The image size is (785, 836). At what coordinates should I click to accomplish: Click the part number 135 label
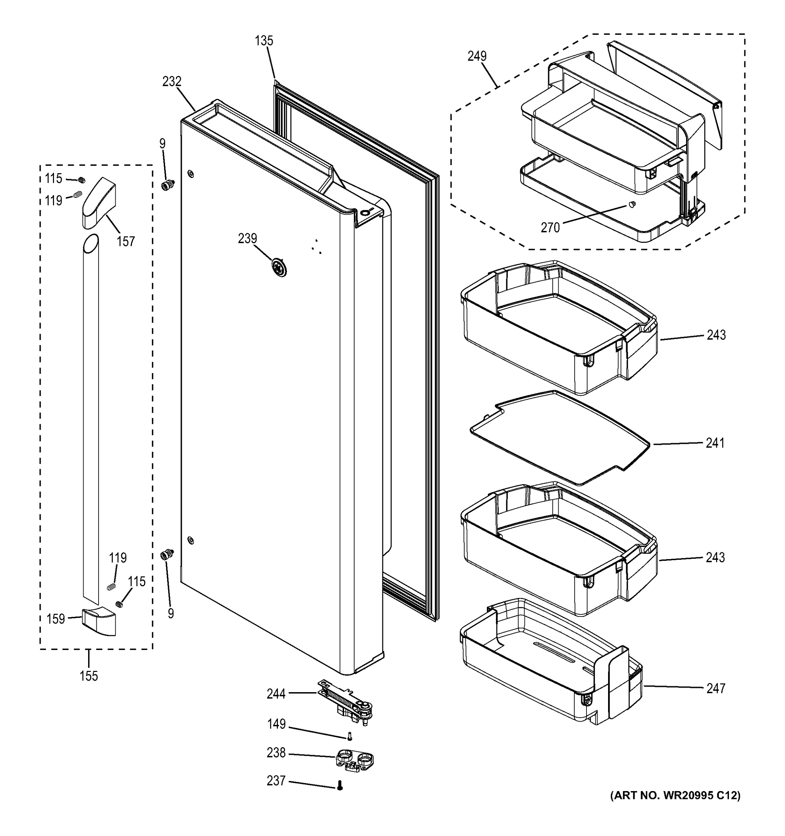pos(264,41)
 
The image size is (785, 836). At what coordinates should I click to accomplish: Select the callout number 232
pos(172,81)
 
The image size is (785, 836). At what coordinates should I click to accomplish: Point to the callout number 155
pos(89,676)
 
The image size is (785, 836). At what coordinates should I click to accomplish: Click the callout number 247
pos(716,688)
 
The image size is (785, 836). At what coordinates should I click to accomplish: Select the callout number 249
pos(477,56)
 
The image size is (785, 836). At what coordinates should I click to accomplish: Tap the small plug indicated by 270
pos(631,204)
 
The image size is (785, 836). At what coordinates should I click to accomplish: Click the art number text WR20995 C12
pos(675,795)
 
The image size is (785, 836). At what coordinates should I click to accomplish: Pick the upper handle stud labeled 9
pos(168,185)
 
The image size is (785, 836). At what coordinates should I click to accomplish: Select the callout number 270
pos(550,227)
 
